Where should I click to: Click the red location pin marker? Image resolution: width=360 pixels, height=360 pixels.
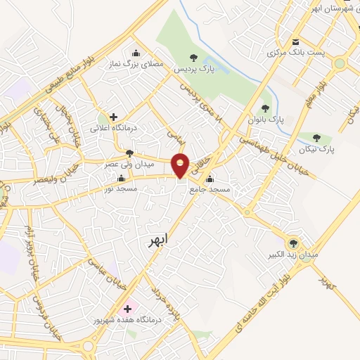pyautogui.click(x=181, y=165)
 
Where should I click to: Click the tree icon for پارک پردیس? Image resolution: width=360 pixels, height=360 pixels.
pyautogui.click(x=194, y=58)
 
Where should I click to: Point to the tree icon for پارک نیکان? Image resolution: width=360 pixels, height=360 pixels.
pyautogui.click(x=316, y=139)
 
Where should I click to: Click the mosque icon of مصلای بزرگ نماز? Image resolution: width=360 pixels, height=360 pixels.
pyautogui.click(x=136, y=53)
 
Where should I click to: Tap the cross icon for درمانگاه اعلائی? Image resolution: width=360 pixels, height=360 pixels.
pyautogui.click(x=113, y=117)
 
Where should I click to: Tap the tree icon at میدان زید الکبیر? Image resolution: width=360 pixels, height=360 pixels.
pyautogui.click(x=295, y=241)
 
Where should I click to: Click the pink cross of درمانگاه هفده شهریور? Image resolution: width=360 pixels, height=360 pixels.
pyautogui.click(x=127, y=308)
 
